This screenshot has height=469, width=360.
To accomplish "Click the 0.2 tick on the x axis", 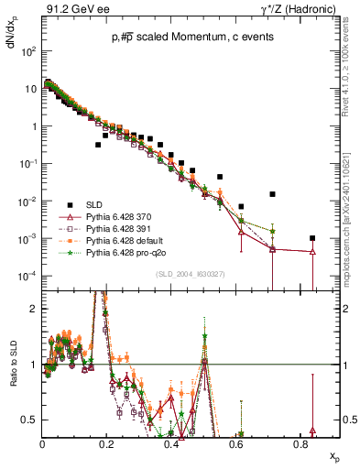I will (x=108, y=444).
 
